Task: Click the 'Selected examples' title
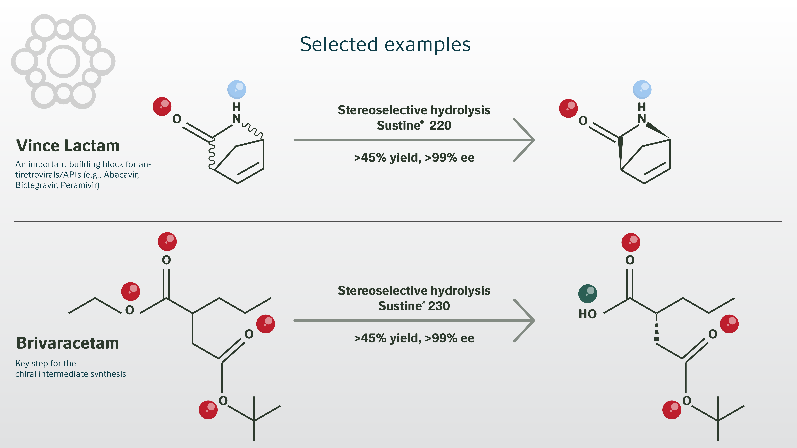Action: tap(385, 44)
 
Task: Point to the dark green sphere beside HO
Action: tap(588, 293)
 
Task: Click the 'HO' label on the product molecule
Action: tap(588, 314)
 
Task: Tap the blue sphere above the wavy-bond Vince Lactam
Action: tap(237, 90)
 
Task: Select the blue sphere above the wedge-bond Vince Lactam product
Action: tap(642, 90)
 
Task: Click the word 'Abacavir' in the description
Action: tap(121, 175)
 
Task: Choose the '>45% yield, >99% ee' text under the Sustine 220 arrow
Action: tap(414, 158)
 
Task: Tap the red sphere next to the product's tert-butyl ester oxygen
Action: tap(672, 410)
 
